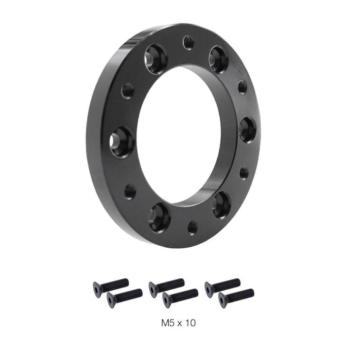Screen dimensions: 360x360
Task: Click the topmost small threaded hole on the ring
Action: point(188,43)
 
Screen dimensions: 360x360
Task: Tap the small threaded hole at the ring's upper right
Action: point(242,86)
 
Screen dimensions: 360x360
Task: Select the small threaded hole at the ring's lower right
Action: point(243,173)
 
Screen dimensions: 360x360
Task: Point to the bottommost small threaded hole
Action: point(192,227)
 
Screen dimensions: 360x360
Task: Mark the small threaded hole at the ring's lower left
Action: point(130,192)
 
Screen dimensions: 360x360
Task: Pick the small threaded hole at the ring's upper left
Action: point(128,90)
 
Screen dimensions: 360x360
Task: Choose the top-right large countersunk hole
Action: point(219,59)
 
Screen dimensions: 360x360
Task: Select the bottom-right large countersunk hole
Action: point(222,205)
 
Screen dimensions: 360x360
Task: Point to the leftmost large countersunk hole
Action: point(122,142)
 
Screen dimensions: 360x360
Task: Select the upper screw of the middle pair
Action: point(166,286)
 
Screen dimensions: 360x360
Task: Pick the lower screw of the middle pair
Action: point(180,297)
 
